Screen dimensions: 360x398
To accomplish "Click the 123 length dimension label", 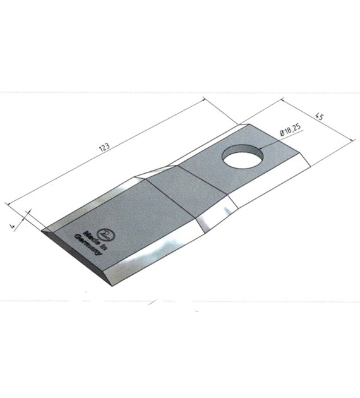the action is pyautogui.click(x=104, y=147).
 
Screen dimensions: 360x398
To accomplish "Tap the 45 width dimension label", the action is pyautogui.click(x=320, y=117).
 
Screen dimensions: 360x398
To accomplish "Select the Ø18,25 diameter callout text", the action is pyautogui.click(x=291, y=130).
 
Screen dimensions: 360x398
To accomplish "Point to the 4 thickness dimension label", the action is pyautogui.click(x=11, y=226).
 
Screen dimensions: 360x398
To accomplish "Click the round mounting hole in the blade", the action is pyautogui.click(x=243, y=156).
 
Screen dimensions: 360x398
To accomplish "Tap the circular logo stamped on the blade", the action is pyautogui.click(x=106, y=235).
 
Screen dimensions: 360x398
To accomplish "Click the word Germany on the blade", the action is pyautogui.click(x=88, y=245).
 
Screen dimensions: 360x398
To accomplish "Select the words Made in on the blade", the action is pyautogui.click(x=95, y=241).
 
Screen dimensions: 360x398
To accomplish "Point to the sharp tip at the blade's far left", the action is pyautogui.click(x=42, y=231).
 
